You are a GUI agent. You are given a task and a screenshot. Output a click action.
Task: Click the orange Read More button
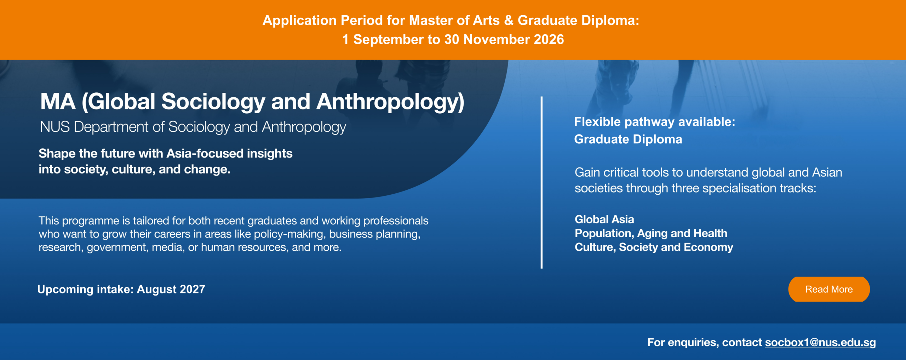coord(829,289)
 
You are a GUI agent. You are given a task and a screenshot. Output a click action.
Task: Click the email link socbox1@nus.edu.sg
coord(820,343)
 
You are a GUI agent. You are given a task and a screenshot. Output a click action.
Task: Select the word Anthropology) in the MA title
coord(390,102)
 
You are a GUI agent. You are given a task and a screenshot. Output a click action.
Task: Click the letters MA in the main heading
coord(58,102)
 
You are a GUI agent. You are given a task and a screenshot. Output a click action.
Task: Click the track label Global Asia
coord(604,219)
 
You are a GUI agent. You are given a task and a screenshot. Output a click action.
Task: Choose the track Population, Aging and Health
coord(651,233)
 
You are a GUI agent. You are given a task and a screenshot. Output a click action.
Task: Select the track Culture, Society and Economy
coord(654,247)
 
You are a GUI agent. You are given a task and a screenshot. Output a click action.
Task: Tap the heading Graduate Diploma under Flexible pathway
coord(628,139)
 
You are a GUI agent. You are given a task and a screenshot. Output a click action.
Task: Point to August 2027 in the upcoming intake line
coord(171,290)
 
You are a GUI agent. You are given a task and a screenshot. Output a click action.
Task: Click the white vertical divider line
coord(541,182)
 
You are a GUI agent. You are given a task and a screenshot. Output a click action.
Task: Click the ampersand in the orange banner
coord(509,21)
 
